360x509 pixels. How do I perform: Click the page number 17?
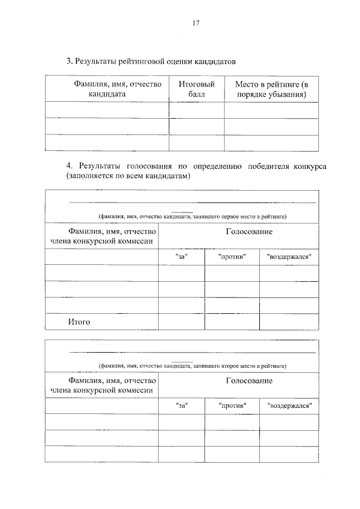click(x=195, y=23)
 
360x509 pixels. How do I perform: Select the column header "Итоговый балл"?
click(x=196, y=89)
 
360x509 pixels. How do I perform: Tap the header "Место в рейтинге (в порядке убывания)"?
click(x=272, y=89)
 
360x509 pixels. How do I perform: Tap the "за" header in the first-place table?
click(x=181, y=256)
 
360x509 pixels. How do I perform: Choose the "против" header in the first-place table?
click(x=232, y=256)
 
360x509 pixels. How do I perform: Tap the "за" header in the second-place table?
click(x=181, y=405)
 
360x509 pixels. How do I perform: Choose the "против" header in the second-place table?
click(x=232, y=405)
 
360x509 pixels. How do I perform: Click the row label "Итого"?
click(x=79, y=322)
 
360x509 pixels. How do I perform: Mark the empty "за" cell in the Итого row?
click(x=181, y=322)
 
